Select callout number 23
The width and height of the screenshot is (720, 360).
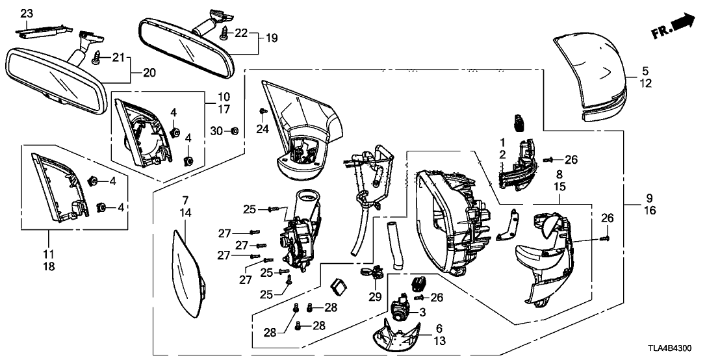click(x=25, y=12)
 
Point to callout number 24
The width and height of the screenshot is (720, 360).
click(x=262, y=129)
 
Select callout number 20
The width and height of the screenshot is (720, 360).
click(x=149, y=73)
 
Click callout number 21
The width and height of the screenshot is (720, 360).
click(x=118, y=58)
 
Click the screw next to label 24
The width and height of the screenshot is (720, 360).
click(x=262, y=111)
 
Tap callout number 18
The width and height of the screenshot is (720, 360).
click(x=48, y=266)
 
